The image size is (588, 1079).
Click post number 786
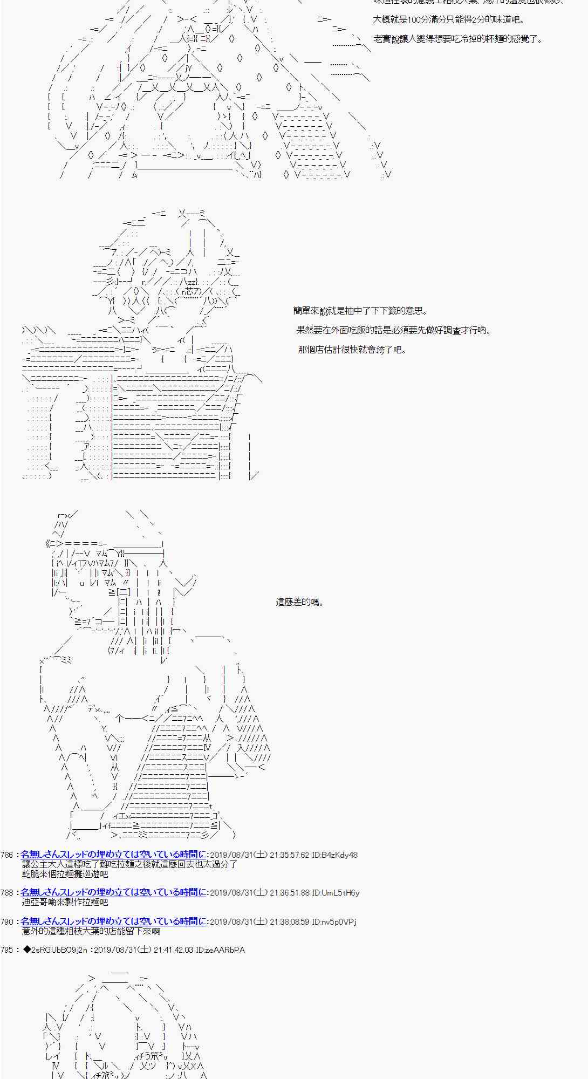coord(7,855)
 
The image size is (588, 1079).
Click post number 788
coord(7,893)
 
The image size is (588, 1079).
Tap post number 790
coord(7,922)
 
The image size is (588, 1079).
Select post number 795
coord(7,950)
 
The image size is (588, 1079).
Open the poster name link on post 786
coord(113,855)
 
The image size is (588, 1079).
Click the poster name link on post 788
coord(113,893)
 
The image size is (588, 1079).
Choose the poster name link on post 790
coord(113,922)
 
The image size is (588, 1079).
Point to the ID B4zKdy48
coord(335,855)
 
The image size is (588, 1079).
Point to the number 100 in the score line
coord(415,20)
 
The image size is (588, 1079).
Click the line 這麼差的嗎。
coord(300,602)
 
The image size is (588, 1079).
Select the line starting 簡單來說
coord(361,311)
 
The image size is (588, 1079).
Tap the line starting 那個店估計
coord(352,350)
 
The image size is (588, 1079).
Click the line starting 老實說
coord(458,39)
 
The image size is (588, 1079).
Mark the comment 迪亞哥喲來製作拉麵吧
coord(65,902)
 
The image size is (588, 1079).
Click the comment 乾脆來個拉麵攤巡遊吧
coord(65,873)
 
